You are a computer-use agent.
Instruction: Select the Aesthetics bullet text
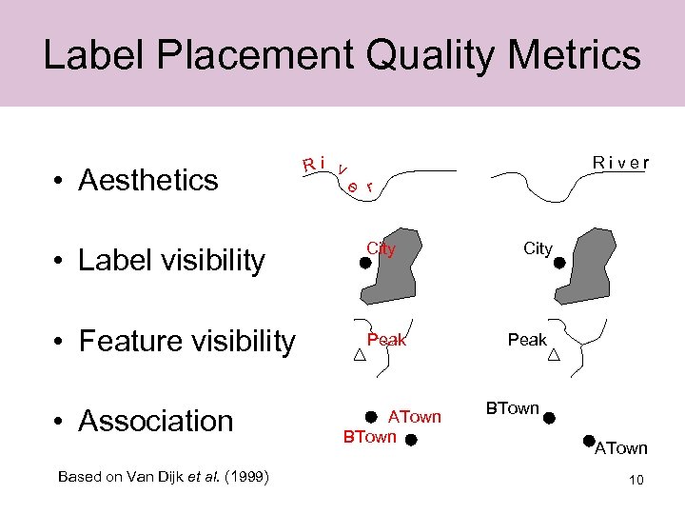coord(148,180)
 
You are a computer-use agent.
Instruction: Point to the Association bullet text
coord(156,421)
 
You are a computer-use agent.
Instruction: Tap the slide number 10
coord(636,480)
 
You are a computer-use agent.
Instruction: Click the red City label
coord(381,249)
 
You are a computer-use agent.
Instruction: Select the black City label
coord(538,248)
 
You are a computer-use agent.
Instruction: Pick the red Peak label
coord(386,340)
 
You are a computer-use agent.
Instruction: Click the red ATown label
coord(414,417)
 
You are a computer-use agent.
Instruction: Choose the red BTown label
coord(369,437)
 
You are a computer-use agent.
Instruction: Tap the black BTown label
coord(513,408)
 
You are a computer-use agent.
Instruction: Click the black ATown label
coord(620,448)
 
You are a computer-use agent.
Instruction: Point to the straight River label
coord(620,162)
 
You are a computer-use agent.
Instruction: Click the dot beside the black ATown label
coord(590,441)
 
